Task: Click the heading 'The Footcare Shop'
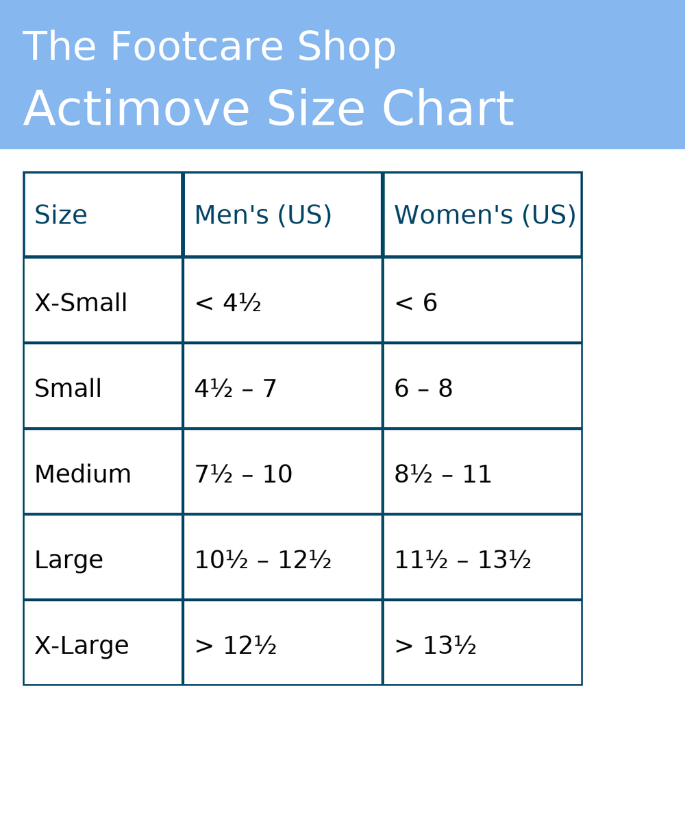(x=209, y=47)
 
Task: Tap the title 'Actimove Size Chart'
(x=268, y=110)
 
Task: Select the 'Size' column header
(x=61, y=216)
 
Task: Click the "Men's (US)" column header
(x=263, y=216)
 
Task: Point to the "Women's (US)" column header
(x=485, y=216)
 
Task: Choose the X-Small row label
(x=81, y=303)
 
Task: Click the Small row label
(x=68, y=389)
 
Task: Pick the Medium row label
(x=83, y=474)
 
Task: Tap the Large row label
(x=68, y=560)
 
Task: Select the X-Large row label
(x=82, y=646)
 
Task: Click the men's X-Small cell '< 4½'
(x=227, y=303)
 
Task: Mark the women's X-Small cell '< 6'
(x=416, y=303)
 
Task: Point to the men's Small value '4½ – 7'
(x=236, y=389)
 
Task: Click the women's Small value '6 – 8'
(x=423, y=389)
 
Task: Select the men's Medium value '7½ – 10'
(x=243, y=474)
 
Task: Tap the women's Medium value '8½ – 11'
(x=443, y=474)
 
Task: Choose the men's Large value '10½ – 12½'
(x=263, y=560)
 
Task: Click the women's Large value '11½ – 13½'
(x=462, y=560)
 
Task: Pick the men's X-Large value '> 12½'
(x=236, y=646)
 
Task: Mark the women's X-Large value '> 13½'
(x=435, y=646)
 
